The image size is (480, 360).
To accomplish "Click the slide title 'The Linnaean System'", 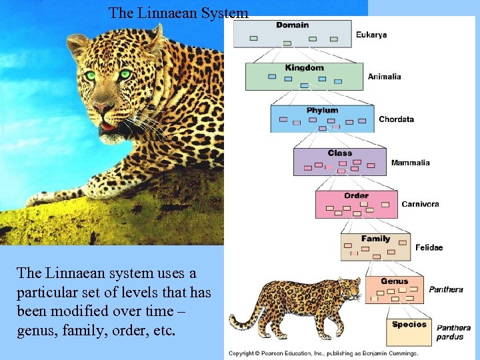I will [x=178, y=12].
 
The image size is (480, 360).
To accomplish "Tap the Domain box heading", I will [x=292, y=25].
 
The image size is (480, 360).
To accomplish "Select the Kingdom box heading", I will [x=304, y=68].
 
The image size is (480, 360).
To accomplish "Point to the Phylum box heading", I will [x=322, y=111].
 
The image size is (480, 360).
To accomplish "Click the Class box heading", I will [x=339, y=153].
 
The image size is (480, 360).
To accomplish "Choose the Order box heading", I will [x=356, y=196].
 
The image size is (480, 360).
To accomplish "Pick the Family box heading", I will [x=375, y=239].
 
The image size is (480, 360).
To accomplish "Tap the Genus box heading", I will [x=394, y=281].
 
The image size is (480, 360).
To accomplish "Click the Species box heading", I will [x=409, y=325].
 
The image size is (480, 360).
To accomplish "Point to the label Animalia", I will [x=385, y=77].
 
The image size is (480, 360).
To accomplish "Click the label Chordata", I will [x=396, y=120].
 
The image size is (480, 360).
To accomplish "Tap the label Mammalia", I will [x=410, y=163].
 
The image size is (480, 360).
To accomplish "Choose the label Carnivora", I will [x=420, y=204].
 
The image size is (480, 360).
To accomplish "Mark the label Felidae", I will [x=429, y=248].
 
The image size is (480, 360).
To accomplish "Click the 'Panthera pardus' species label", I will [x=453, y=332].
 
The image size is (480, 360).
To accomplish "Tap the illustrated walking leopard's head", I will [x=347, y=288].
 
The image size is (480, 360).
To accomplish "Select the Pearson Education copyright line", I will [x=323, y=353].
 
